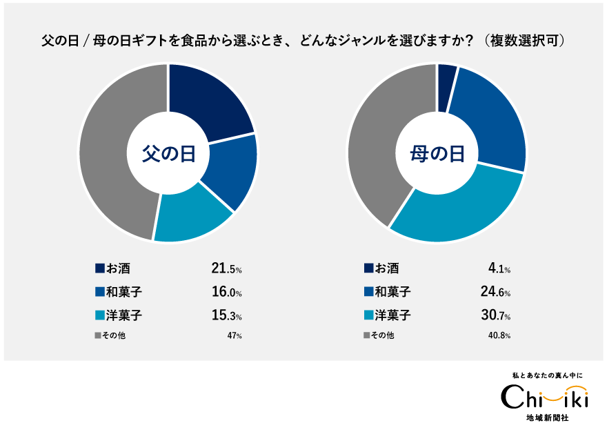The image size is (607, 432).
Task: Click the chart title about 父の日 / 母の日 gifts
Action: (x=303, y=41)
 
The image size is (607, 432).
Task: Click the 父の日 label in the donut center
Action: (x=168, y=153)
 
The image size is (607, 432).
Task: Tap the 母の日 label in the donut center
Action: (x=437, y=153)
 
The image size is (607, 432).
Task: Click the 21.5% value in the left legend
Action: (x=226, y=268)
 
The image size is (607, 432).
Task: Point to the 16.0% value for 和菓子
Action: (x=226, y=292)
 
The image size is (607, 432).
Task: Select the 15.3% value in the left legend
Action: (x=226, y=315)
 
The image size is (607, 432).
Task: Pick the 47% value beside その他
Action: (x=235, y=336)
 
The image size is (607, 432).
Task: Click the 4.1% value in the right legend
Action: (x=499, y=268)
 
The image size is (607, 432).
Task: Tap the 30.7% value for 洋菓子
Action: (x=495, y=315)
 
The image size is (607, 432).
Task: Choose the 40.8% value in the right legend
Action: (x=499, y=336)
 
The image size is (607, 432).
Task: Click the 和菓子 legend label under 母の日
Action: (x=392, y=292)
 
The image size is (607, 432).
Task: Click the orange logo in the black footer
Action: (x=564, y=393)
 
